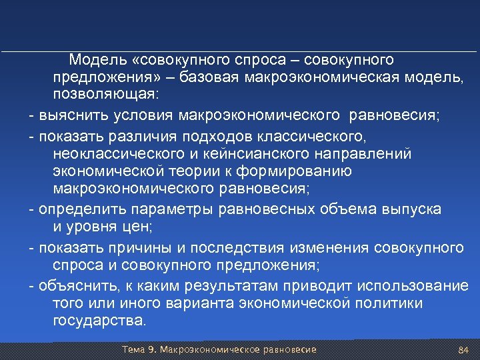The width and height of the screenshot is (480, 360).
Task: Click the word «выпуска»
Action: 411,209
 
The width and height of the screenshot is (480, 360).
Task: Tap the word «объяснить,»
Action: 75,286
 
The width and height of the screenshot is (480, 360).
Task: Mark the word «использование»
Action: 413,286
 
